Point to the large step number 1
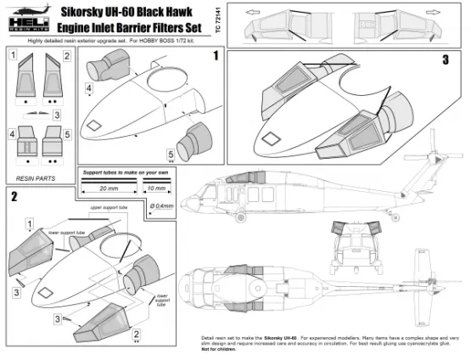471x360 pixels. point(216,55)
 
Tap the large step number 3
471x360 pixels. point(444,61)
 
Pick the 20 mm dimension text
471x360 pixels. point(109,188)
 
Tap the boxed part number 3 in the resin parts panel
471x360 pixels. point(57,115)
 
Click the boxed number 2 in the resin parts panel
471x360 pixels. point(66,56)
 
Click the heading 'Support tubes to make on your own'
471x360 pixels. point(126,172)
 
